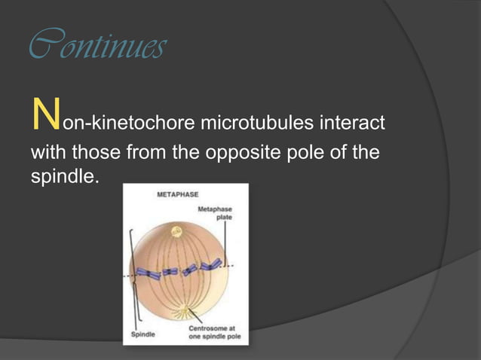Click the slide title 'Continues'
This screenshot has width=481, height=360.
point(97,48)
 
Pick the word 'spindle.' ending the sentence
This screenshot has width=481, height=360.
point(64,182)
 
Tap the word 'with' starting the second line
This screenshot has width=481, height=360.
point(47,152)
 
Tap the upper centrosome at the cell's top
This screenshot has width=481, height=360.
point(178,230)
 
